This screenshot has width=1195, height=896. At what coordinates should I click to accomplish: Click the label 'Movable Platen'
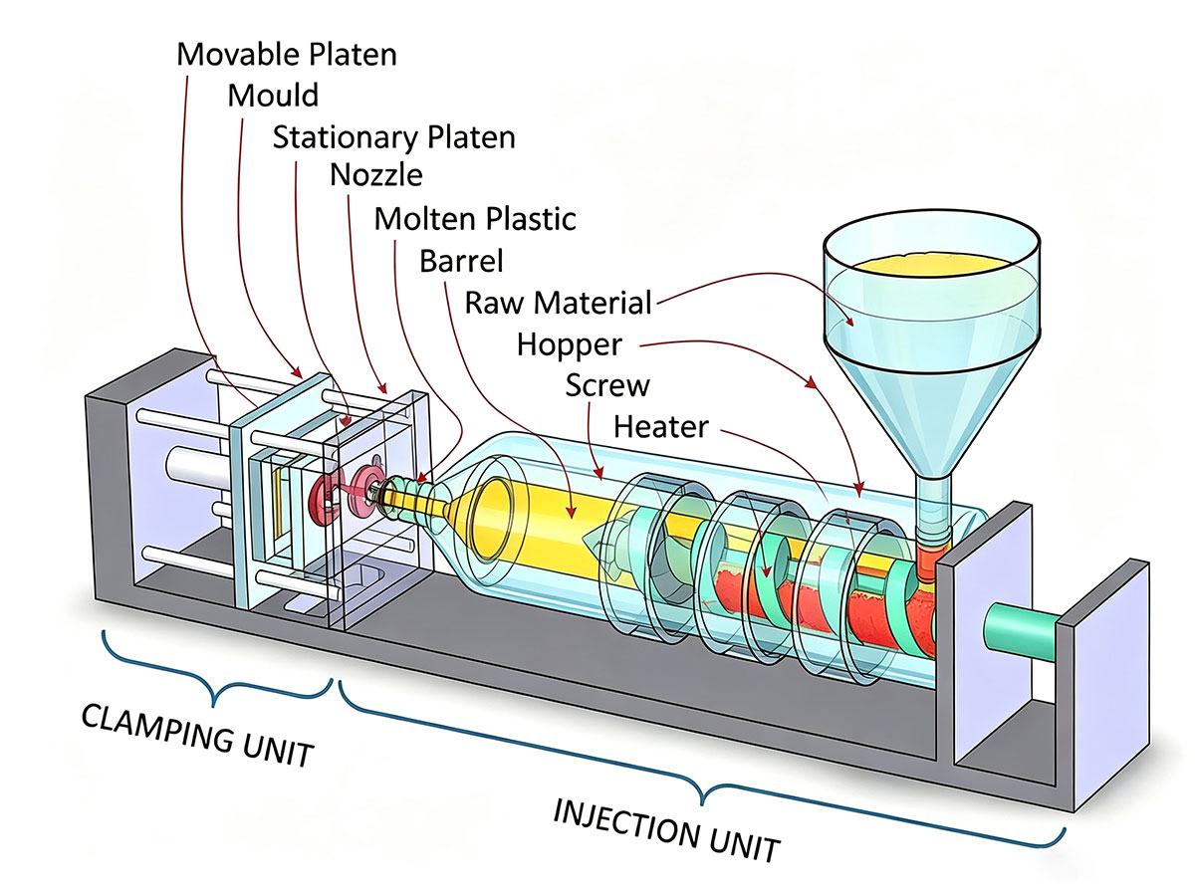pos(287,55)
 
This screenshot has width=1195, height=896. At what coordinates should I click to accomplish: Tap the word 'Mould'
pos(273,96)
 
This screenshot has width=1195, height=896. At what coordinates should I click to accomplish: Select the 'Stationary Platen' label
pos(393,137)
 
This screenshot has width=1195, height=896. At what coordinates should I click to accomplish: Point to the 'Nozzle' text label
pos(376,175)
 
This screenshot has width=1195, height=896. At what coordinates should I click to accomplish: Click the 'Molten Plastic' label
pos(475,219)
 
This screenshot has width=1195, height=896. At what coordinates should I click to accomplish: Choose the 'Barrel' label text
pos(461,261)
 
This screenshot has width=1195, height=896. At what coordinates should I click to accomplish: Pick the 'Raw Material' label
pos(558,303)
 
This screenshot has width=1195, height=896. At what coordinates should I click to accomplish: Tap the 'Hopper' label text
pos(569,344)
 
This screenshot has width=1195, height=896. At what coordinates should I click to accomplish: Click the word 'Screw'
pos(607,385)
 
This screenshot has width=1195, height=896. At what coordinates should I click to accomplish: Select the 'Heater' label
pos(661,427)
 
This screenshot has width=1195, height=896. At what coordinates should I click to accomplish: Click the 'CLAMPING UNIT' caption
pos(197,736)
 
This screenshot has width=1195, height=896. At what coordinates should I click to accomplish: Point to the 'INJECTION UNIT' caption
pos(666,830)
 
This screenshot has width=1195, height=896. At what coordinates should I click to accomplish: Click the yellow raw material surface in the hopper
pos(931,266)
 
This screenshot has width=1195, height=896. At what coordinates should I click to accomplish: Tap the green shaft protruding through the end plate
pos(1021,632)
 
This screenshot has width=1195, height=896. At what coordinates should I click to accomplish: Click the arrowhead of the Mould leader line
pos(297,372)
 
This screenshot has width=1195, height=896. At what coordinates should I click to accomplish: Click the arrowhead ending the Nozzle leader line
pos(383,387)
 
